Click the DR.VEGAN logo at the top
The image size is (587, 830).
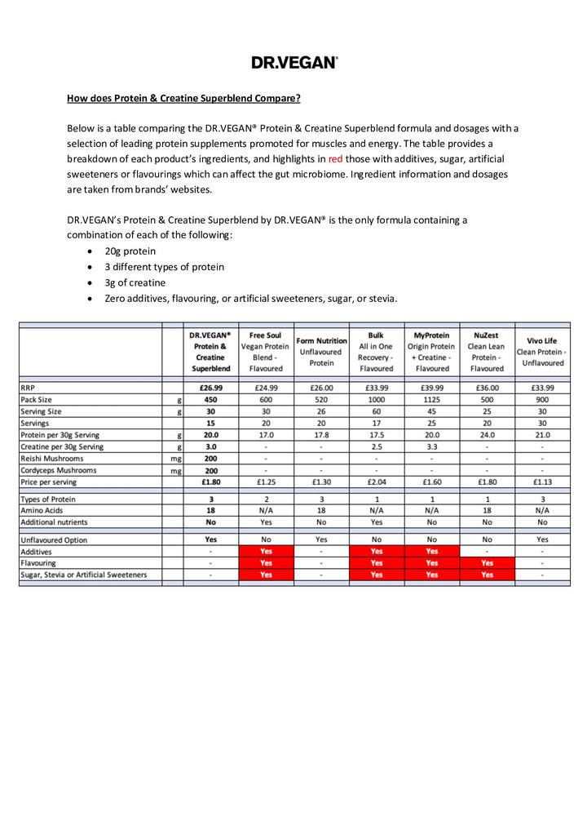pos(293,62)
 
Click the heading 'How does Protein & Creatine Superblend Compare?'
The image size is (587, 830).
pos(183,99)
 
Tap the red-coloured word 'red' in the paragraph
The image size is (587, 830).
pos(339,158)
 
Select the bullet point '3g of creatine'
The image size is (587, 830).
pos(135,282)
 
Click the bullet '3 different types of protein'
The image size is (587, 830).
pos(164,267)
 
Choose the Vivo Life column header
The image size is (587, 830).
pos(542,352)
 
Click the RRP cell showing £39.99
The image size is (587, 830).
pos(431,388)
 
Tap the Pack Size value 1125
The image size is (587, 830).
pos(431,400)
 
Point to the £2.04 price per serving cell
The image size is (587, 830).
pos(376,482)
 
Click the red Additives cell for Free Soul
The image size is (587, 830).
pos(266,552)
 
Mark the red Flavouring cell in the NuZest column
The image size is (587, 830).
pos(487,563)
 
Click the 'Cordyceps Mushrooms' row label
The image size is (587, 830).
pos(59,470)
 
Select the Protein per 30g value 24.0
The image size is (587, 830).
pos(487,435)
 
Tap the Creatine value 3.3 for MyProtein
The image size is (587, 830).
pos(431,447)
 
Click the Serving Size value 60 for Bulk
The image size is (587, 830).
pos(376,412)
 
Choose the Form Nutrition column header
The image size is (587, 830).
pos(321,352)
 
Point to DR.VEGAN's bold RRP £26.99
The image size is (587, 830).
pos(210,388)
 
